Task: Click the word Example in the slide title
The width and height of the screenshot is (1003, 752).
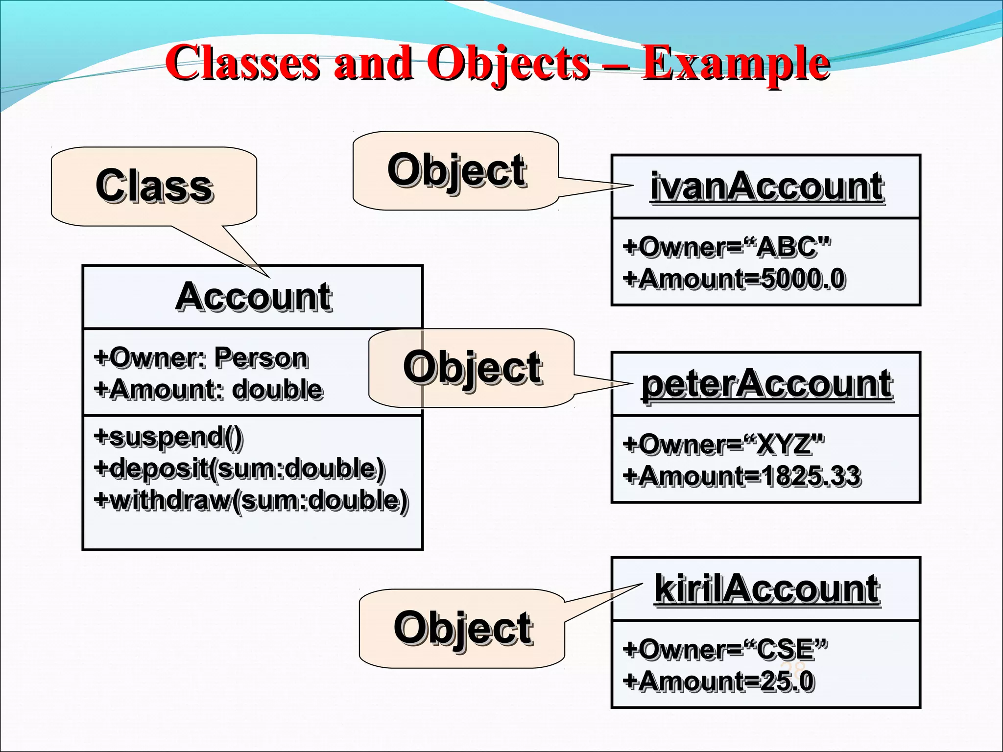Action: pos(736,64)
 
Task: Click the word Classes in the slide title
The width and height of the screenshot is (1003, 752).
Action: pos(242,64)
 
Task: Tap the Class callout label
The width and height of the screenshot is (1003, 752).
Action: pos(154,186)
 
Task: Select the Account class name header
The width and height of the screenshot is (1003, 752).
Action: pos(253,297)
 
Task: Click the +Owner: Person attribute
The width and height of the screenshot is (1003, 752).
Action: pos(201,357)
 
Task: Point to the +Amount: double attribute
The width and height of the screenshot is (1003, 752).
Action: pos(208,390)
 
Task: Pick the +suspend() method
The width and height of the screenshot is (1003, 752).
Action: pos(168,437)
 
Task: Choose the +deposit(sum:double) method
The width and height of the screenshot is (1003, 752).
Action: pos(239,469)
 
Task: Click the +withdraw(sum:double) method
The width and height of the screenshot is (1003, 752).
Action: pos(251,500)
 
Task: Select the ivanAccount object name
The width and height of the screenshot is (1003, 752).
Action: pos(766,187)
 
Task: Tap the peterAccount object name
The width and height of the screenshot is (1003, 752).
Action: pos(766,384)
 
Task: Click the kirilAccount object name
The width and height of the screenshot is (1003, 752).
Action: pos(766,589)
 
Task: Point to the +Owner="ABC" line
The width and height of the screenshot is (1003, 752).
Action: pos(727,247)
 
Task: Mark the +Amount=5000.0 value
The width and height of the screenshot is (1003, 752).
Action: pos(734,279)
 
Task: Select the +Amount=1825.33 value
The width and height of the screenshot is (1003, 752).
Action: pos(741,476)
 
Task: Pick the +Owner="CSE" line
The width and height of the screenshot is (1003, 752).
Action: pos(725,650)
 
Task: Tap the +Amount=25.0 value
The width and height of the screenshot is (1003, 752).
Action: pos(718,681)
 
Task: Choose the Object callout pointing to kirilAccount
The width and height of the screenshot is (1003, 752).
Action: pos(462,628)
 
